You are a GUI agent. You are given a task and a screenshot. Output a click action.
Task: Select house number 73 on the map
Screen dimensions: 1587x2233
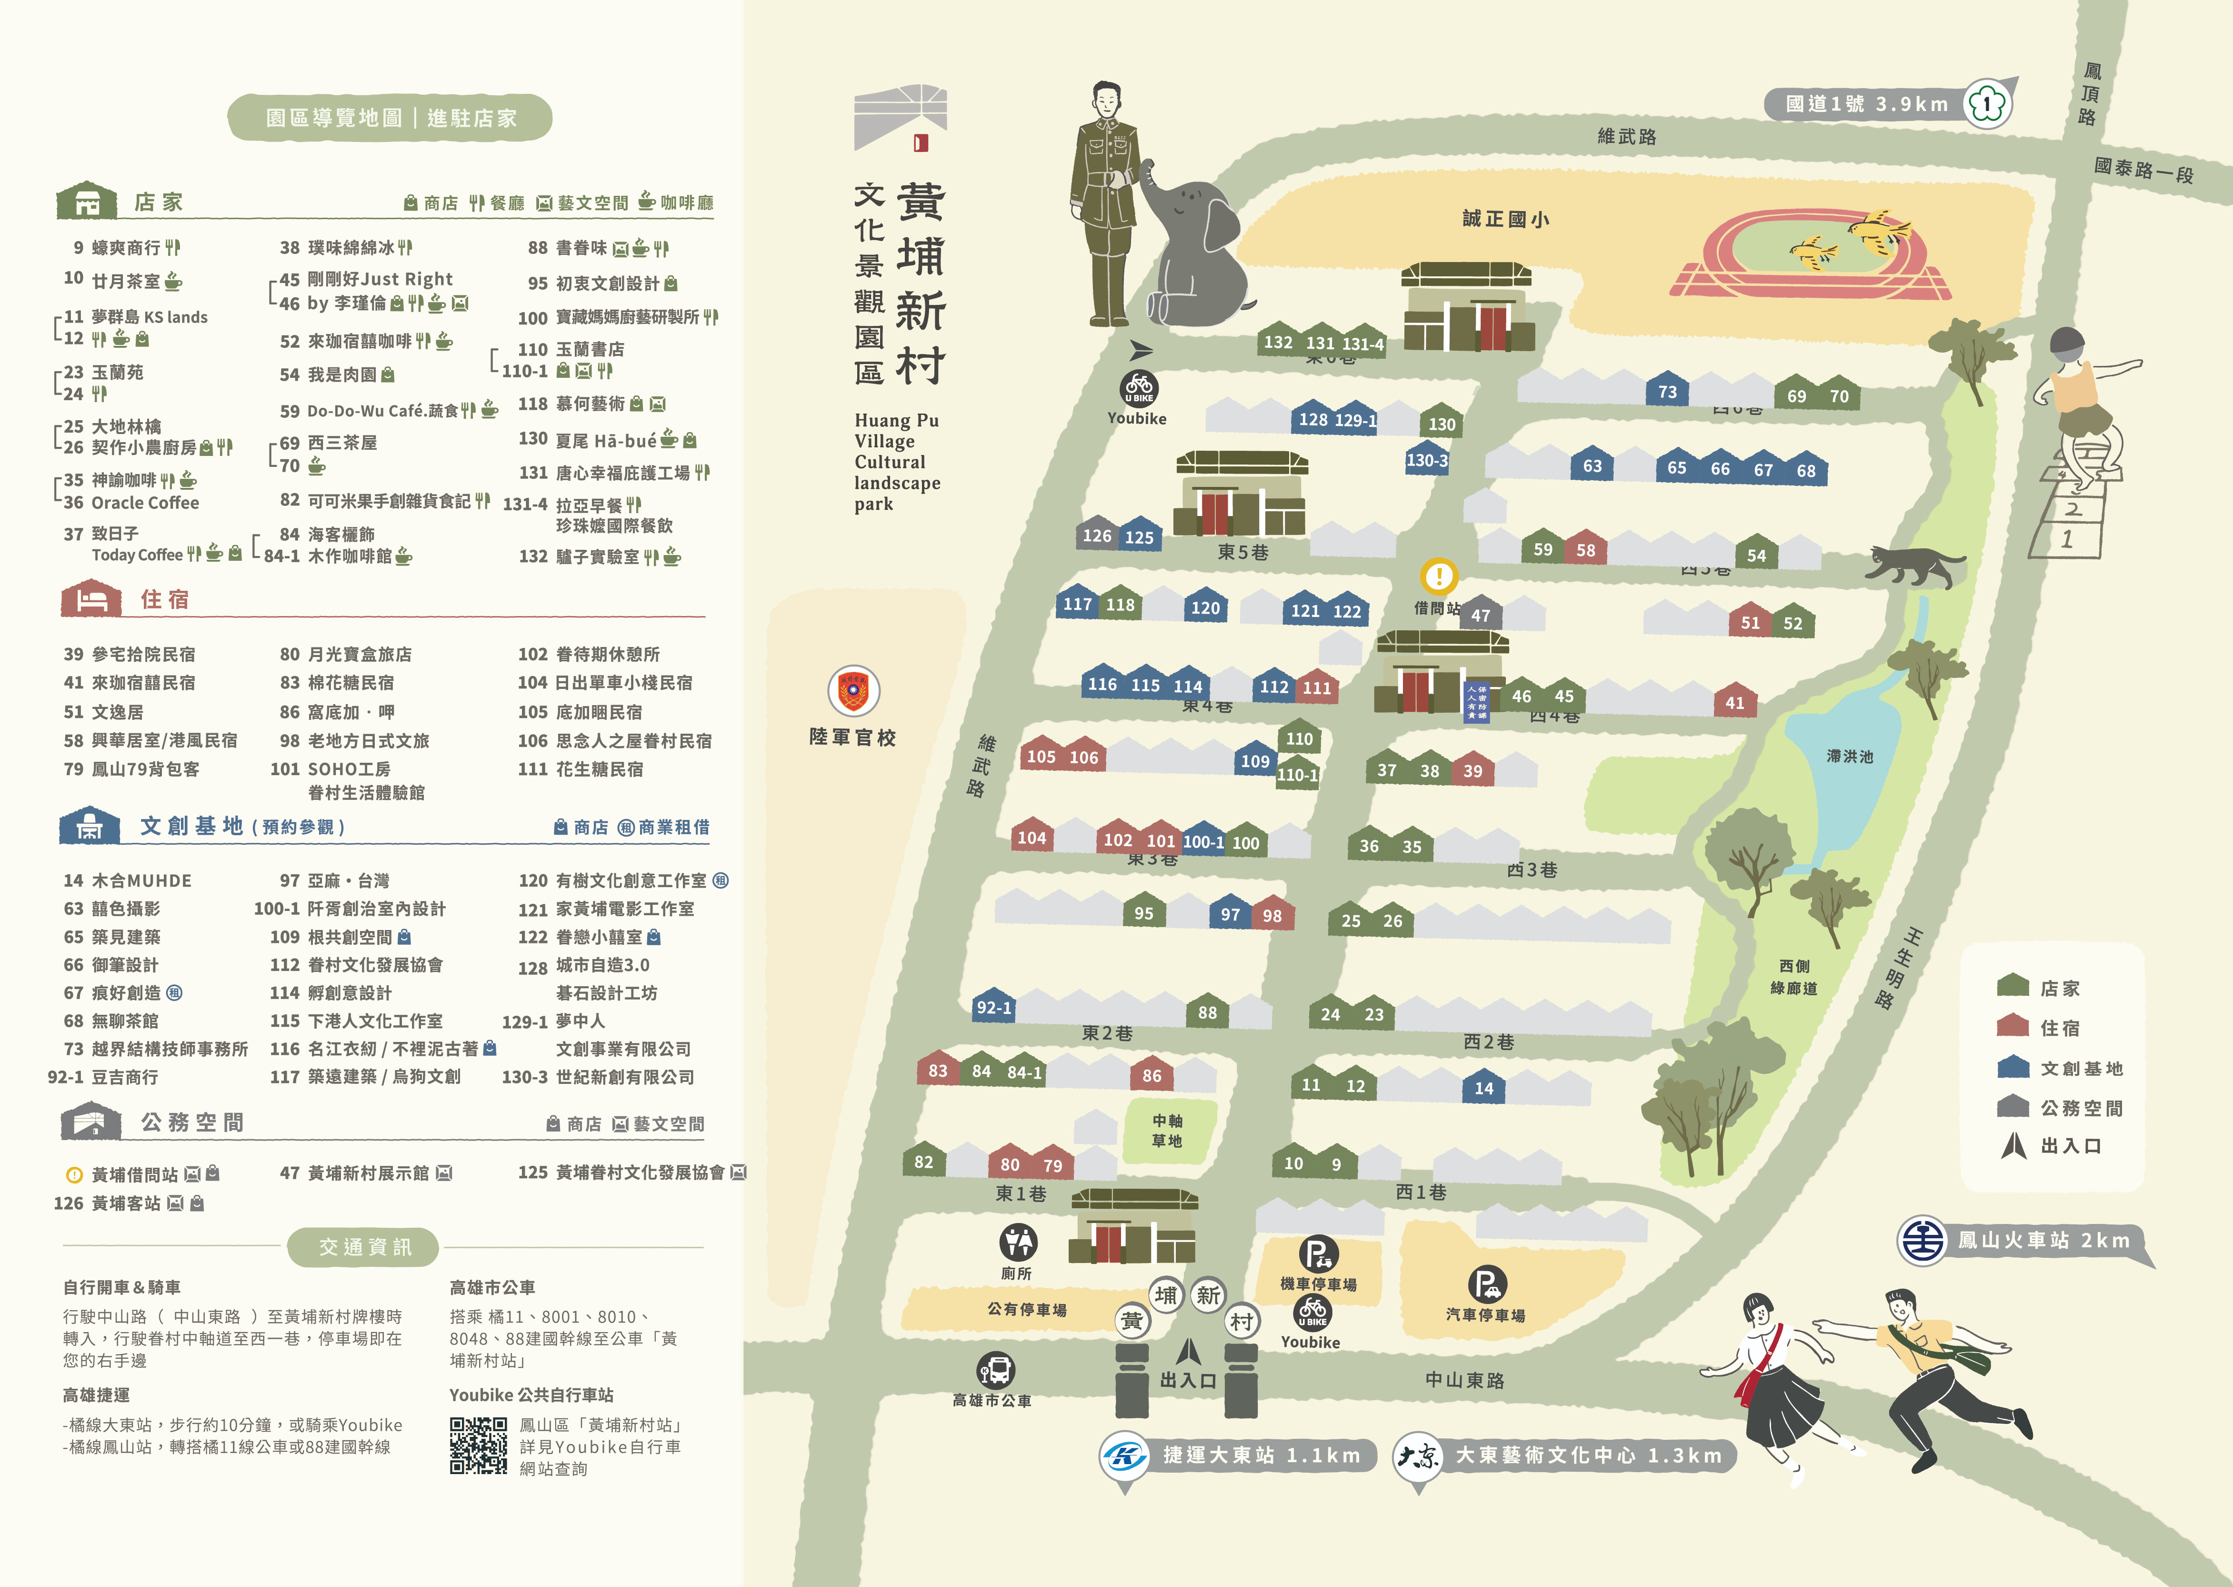[x=1667, y=392]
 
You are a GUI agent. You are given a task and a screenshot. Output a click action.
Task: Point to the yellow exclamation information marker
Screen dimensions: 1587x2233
[x=1438, y=576]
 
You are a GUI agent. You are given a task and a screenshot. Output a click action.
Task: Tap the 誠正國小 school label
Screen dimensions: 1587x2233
[x=1505, y=219]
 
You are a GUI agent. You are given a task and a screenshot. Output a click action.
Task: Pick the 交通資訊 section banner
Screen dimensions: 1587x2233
[x=364, y=1247]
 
